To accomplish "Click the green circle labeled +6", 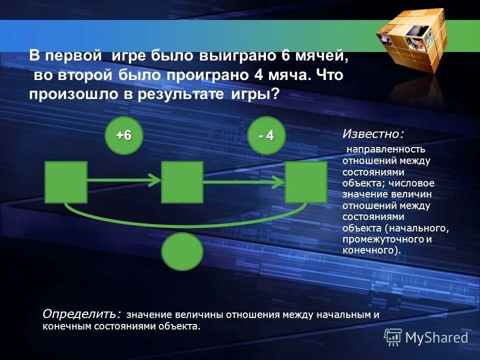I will (123, 135).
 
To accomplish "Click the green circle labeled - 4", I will (266, 135).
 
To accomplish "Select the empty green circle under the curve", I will (182, 251).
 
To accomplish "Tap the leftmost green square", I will (65, 182).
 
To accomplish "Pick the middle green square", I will (182, 182).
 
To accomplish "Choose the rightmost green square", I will (305, 182).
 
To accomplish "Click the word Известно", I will (372, 133).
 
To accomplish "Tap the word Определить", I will (81, 313).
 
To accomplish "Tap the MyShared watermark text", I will (436, 337).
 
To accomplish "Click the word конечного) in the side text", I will (371, 250).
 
